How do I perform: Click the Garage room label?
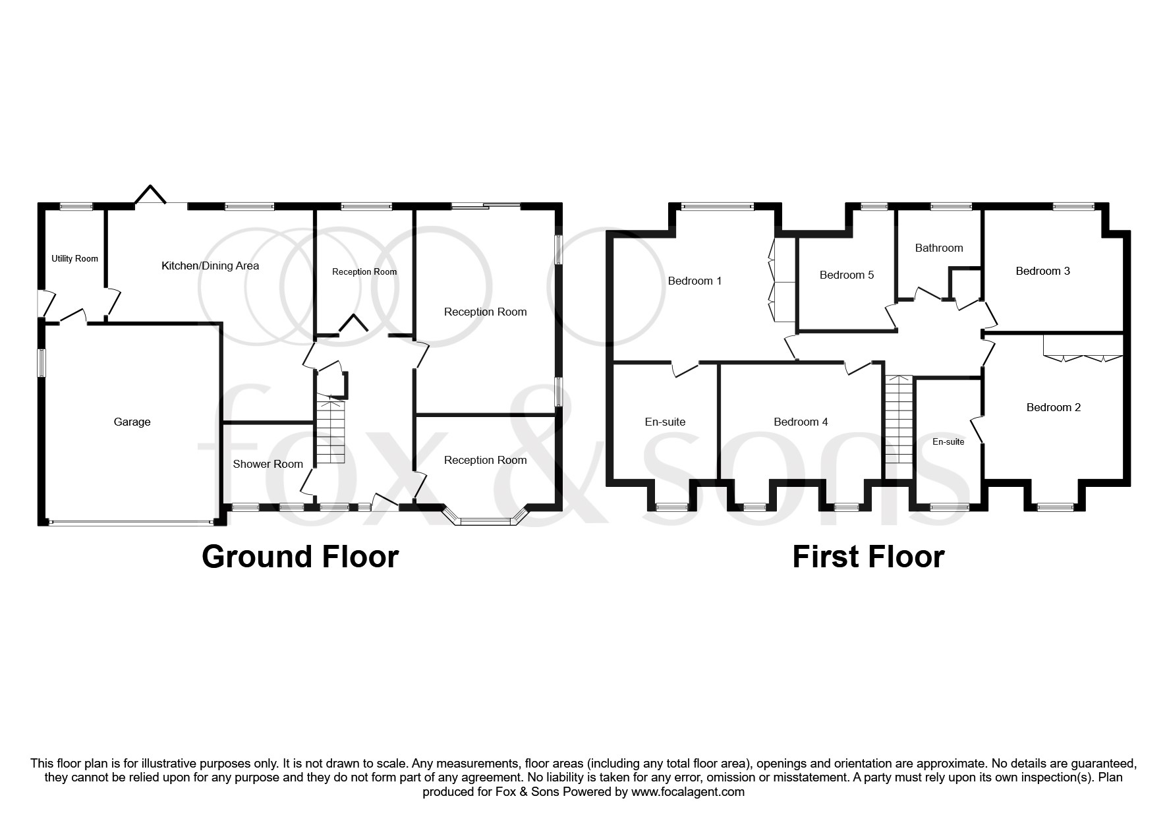tap(132, 422)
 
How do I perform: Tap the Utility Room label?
tap(74, 258)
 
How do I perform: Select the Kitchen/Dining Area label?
tap(210, 266)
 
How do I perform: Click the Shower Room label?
tap(268, 464)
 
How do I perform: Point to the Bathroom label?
tap(939, 248)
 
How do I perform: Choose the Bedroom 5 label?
tap(847, 275)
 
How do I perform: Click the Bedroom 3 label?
tap(1042, 271)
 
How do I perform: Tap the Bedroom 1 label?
tap(695, 281)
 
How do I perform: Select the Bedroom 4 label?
tap(801, 422)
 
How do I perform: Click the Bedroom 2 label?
tap(1054, 407)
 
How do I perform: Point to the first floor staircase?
tap(898, 420)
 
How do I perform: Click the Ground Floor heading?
tap(300, 557)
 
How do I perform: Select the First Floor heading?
tap(868, 557)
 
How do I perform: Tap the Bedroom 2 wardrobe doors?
tap(1083, 358)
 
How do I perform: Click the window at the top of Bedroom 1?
tap(716, 206)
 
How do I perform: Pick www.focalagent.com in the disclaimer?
tap(687, 792)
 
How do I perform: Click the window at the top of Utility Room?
tap(77, 206)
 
